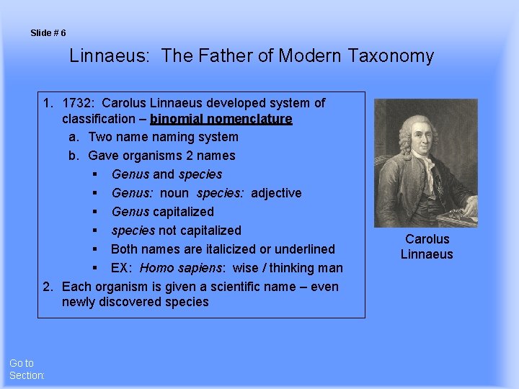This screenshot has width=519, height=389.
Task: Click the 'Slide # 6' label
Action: click(48, 33)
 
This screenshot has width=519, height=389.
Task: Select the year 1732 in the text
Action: click(77, 103)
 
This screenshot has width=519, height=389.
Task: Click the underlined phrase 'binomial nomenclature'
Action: click(221, 119)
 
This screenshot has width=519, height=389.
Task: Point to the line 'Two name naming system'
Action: click(163, 137)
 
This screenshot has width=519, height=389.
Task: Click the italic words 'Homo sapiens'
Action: click(181, 268)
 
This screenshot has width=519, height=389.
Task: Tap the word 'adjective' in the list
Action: click(275, 193)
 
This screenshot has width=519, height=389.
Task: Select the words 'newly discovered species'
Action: click(135, 303)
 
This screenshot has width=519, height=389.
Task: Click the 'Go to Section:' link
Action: click(27, 370)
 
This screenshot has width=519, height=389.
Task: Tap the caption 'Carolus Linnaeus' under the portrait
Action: click(427, 246)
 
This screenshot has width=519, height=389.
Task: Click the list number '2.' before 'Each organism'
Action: click(48, 287)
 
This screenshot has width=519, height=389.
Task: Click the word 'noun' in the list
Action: click(175, 193)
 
